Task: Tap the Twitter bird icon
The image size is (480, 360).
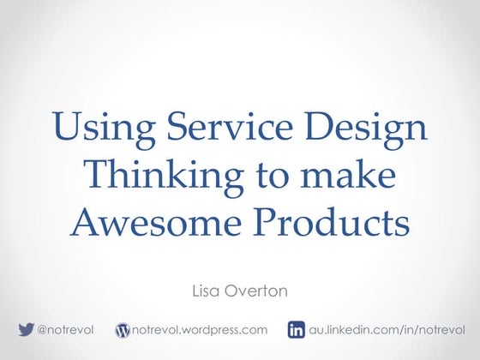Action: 26,329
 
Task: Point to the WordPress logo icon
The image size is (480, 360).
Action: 122,329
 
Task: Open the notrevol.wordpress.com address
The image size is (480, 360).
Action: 199,329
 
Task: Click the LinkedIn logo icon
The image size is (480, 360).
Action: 297,329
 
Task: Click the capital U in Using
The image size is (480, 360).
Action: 66,128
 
